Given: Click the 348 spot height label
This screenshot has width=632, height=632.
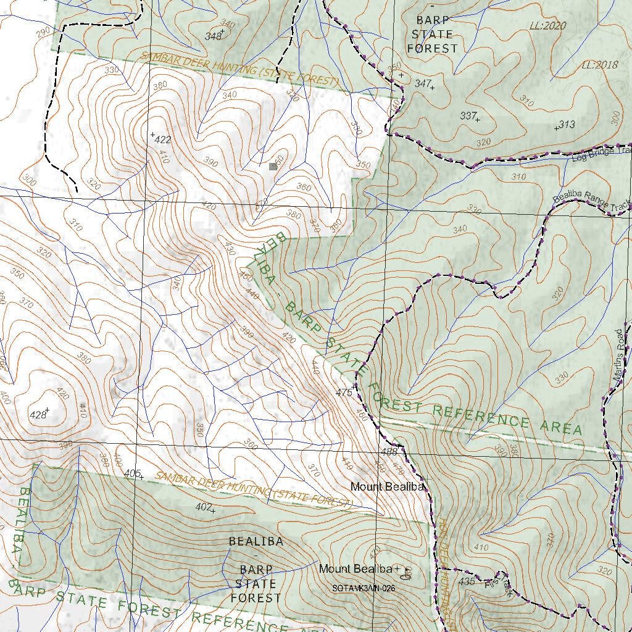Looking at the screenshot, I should [213, 36].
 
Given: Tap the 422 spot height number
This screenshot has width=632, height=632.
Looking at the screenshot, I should [162, 139].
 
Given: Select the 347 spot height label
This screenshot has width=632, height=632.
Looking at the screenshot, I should [423, 83].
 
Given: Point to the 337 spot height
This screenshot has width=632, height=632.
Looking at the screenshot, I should [468, 115].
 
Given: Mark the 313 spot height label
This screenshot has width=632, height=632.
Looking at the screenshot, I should [566, 125].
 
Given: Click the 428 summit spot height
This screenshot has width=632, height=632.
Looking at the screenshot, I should [38, 415].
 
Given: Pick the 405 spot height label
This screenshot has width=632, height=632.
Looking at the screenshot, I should [132, 473].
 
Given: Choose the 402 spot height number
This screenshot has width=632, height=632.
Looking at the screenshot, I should [203, 507].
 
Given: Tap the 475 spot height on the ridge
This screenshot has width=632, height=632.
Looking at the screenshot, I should [343, 393].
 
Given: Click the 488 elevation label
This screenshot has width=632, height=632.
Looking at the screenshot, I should [389, 452].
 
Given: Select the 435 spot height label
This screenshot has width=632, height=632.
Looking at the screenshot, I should [467, 581].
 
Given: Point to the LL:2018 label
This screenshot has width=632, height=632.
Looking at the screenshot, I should [599, 65].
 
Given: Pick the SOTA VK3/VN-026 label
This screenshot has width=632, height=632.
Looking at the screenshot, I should [363, 588].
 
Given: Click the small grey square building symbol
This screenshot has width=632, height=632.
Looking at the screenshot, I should [273, 166].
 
